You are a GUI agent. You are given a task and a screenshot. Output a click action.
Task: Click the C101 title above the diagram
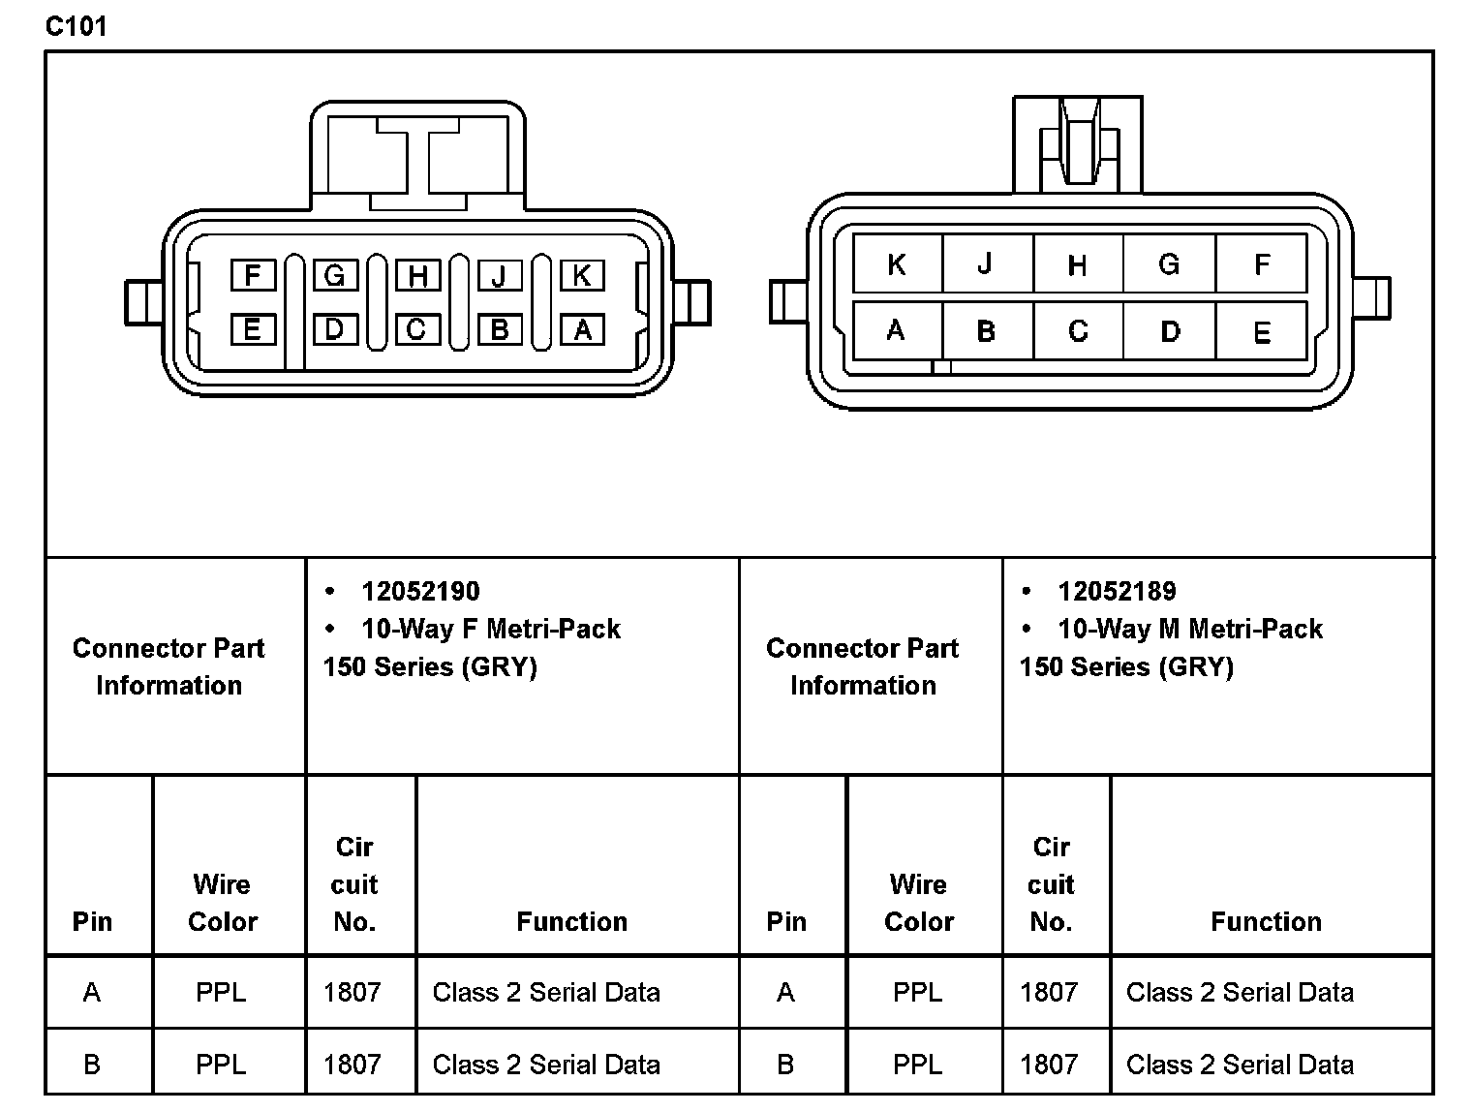pos(76,26)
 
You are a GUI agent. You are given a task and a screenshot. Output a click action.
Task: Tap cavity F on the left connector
pos(253,276)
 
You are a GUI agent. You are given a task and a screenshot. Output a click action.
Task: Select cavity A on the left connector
pos(582,330)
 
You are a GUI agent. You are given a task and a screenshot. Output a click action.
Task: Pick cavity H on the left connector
pos(417,277)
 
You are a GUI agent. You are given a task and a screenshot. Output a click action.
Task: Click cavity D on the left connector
pos(334,330)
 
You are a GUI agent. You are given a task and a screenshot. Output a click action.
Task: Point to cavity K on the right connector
pos(897,264)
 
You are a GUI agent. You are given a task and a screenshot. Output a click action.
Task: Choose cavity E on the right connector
pos(1261,332)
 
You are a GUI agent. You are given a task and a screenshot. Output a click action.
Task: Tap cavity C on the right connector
pos(1078,331)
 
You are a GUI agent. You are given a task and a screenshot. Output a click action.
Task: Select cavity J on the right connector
pos(985,263)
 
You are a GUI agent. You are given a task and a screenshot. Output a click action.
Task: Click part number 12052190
pos(420,591)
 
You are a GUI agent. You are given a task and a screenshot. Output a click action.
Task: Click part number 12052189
pos(1117,591)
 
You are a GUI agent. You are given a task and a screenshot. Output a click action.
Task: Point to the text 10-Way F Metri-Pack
pos(490,629)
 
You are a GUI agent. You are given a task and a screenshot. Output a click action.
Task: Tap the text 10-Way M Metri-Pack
pos(1189,629)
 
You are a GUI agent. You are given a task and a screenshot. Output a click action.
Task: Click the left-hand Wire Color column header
pos(223,903)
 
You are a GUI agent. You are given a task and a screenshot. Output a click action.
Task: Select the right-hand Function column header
pos(1266,921)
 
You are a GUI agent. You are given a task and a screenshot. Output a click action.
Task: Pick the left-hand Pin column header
pos(92,921)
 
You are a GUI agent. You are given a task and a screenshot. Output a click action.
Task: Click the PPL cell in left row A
pos(221,992)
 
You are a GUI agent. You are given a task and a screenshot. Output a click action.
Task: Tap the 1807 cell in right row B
pos(1049,1065)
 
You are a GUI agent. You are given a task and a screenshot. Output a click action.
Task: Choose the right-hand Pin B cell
pos(785,1065)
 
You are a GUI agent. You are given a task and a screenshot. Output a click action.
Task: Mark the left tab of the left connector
pos(143,302)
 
